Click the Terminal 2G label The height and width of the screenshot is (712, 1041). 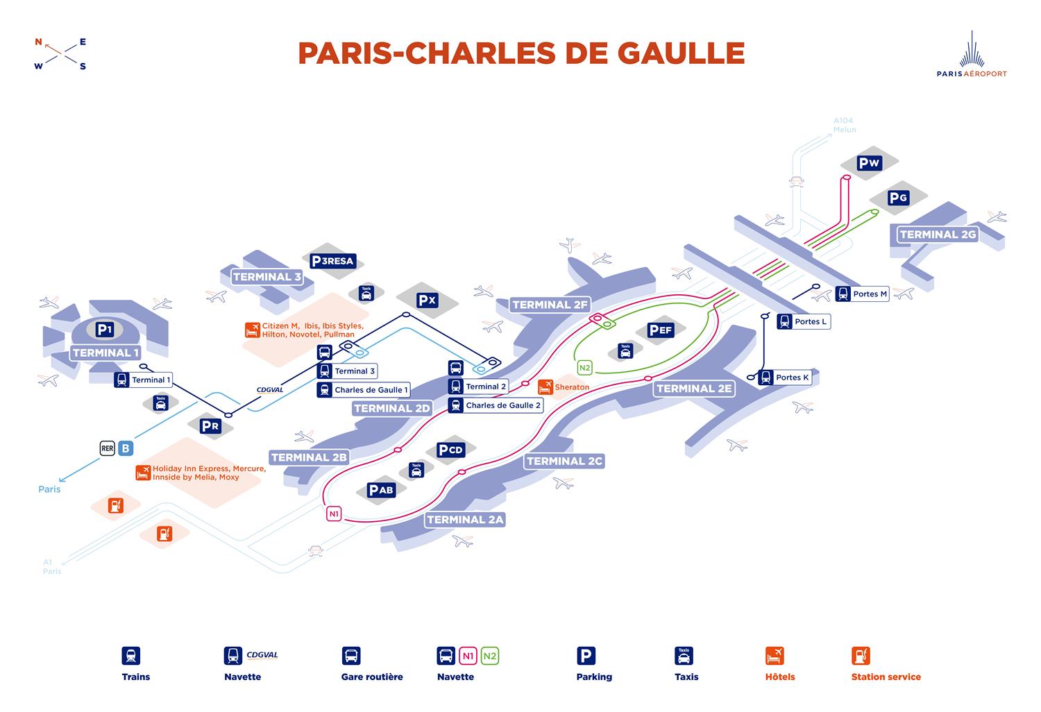[938, 235]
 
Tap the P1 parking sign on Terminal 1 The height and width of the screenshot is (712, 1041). [105, 330]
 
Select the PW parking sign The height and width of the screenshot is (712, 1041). [869, 163]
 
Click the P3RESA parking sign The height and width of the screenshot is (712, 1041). [333, 261]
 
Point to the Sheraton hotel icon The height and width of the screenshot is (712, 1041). [545, 386]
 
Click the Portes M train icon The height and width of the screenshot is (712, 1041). [843, 294]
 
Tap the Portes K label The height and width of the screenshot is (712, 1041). [792, 378]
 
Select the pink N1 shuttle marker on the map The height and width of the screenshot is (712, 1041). [335, 514]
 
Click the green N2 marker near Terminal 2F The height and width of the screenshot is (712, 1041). [585, 368]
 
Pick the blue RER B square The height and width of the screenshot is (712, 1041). [126, 448]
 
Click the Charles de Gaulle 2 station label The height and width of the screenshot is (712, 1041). [502, 405]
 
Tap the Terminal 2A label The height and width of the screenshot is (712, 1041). [465, 519]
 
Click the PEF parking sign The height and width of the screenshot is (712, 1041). [661, 330]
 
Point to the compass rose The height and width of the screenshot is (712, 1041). [61, 53]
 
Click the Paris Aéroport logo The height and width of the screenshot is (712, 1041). [972, 56]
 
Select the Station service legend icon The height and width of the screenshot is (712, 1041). [861, 655]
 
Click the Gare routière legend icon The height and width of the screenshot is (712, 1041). [351, 655]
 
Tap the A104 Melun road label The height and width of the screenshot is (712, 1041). [845, 125]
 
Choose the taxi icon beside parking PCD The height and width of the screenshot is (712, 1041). [416, 470]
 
